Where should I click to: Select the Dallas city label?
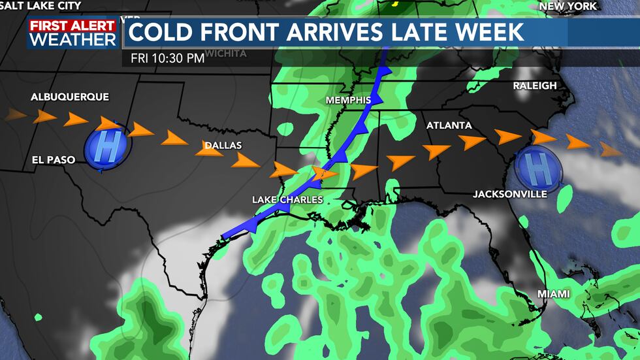pyautogui.click(x=223, y=145)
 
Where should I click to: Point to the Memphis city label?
pyautogui.click(x=348, y=100)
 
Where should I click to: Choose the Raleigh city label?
pyautogui.click(x=534, y=86)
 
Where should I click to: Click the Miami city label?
pyautogui.click(x=553, y=294)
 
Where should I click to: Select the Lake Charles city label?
pyautogui.click(x=287, y=199)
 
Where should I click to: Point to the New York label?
pyautogui.click(x=568, y=6)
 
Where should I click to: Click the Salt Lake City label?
pyautogui.click(x=40, y=6)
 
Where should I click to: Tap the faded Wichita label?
pyautogui.click(x=225, y=53)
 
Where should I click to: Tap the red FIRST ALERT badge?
pyautogui.click(x=72, y=25)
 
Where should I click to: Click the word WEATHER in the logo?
pyautogui.click(x=72, y=39)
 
